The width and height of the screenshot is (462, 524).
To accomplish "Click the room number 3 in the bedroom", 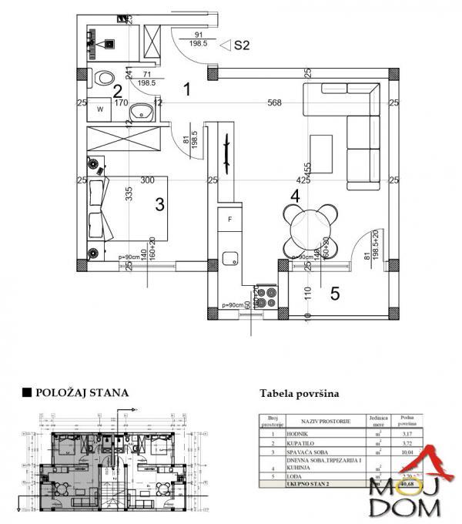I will (160, 204).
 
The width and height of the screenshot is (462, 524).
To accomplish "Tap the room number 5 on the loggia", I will (335, 293).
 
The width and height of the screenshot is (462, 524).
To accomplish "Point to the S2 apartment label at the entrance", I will (241, 45).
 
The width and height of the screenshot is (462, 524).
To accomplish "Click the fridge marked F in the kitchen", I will (229, 220).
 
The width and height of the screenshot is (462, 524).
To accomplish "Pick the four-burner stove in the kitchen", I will (266, 297).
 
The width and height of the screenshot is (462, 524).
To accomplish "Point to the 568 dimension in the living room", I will (275, 102).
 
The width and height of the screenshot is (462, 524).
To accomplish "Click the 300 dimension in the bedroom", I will (148, 180).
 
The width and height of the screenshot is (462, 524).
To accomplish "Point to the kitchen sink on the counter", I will (229, 259).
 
